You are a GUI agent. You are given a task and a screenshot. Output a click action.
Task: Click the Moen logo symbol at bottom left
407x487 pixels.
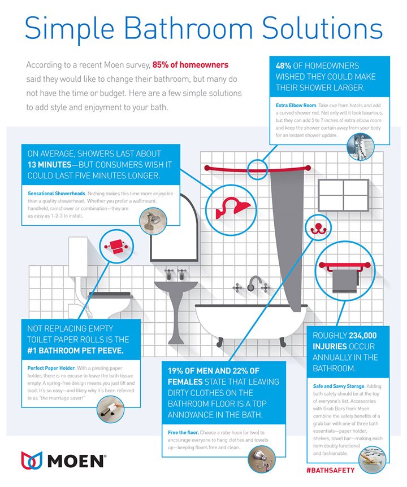[32, 460]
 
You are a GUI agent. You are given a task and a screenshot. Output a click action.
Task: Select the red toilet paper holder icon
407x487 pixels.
[116, 245]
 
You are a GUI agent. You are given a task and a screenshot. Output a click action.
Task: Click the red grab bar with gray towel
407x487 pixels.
[339, 273]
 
